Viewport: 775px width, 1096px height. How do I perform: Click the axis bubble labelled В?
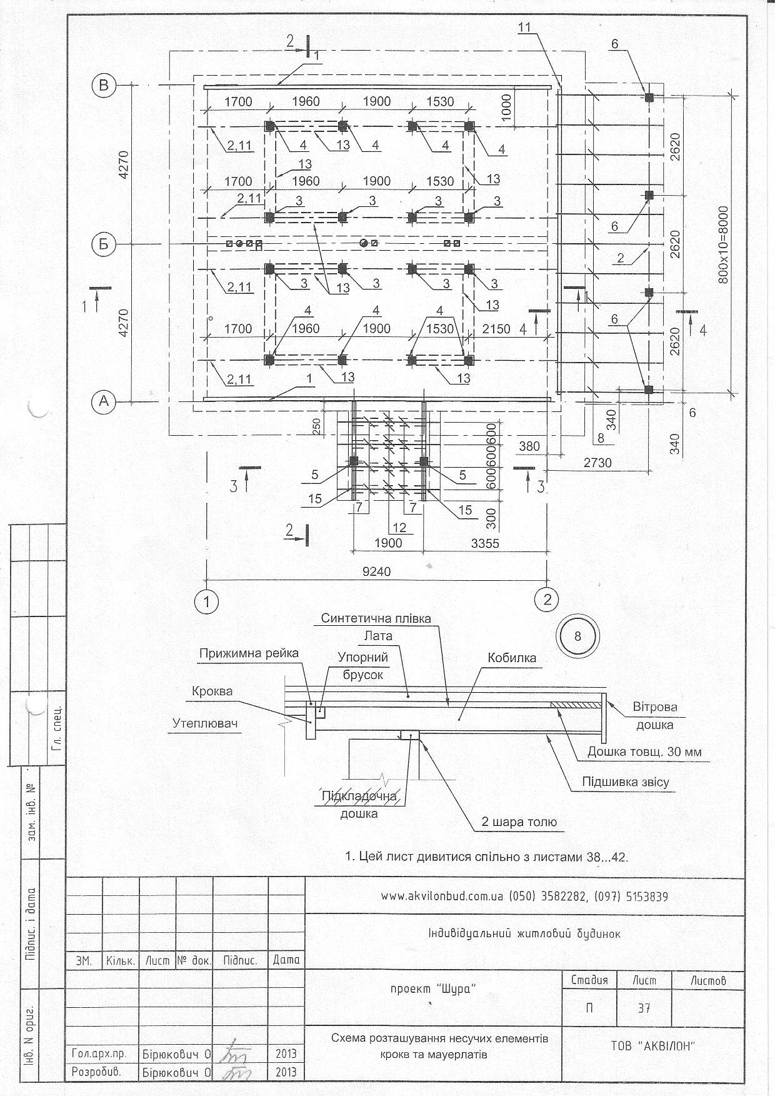104,86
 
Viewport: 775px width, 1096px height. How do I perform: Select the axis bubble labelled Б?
104,243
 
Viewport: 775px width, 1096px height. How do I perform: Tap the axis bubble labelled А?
104,401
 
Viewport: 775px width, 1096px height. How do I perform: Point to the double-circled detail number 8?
577,636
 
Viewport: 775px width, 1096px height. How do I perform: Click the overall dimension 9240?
377,572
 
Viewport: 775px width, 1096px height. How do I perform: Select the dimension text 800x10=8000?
724,244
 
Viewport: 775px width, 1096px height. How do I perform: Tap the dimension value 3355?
485,543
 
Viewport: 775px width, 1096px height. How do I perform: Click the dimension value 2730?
597,463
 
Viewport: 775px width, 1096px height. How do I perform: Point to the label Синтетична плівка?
376,618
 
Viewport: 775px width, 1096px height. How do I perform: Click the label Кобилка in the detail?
512,658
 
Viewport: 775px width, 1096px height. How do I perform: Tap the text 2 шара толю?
519,822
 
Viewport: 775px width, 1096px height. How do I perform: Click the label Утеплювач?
205,723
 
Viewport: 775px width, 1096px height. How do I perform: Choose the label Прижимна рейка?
249,653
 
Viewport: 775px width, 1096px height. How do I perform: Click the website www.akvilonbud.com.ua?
442,897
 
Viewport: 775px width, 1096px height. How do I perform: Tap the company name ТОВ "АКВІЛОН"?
653,1046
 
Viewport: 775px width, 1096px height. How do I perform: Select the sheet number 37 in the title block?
644,1008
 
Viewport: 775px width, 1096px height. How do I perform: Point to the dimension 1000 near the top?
506,107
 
